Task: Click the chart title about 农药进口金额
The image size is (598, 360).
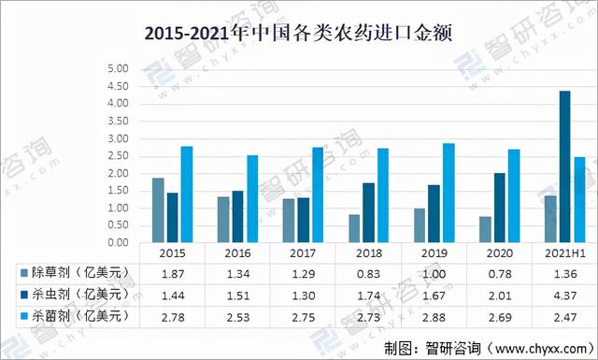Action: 298,34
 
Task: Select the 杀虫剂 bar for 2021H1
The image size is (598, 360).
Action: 564,166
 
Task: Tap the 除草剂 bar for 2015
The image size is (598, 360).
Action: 158,210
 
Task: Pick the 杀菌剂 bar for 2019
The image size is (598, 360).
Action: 448,194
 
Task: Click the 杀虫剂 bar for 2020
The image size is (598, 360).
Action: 500,209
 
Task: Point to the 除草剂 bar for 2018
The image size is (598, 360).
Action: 354,229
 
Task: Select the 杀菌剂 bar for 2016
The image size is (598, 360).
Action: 252,199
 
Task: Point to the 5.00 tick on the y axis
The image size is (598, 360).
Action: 119,68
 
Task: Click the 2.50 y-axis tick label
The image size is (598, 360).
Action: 119,156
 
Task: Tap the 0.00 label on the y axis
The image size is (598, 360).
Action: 119,242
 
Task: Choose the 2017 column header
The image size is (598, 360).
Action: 303,253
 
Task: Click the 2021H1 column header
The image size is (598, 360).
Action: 564,253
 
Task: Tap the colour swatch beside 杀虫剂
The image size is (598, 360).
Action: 24,295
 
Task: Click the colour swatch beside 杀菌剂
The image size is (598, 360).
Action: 24,316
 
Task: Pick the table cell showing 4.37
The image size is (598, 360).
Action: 564,295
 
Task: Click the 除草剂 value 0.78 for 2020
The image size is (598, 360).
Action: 500,274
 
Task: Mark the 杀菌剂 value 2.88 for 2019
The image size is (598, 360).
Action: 434,317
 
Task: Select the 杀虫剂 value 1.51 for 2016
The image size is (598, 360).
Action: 238,295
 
